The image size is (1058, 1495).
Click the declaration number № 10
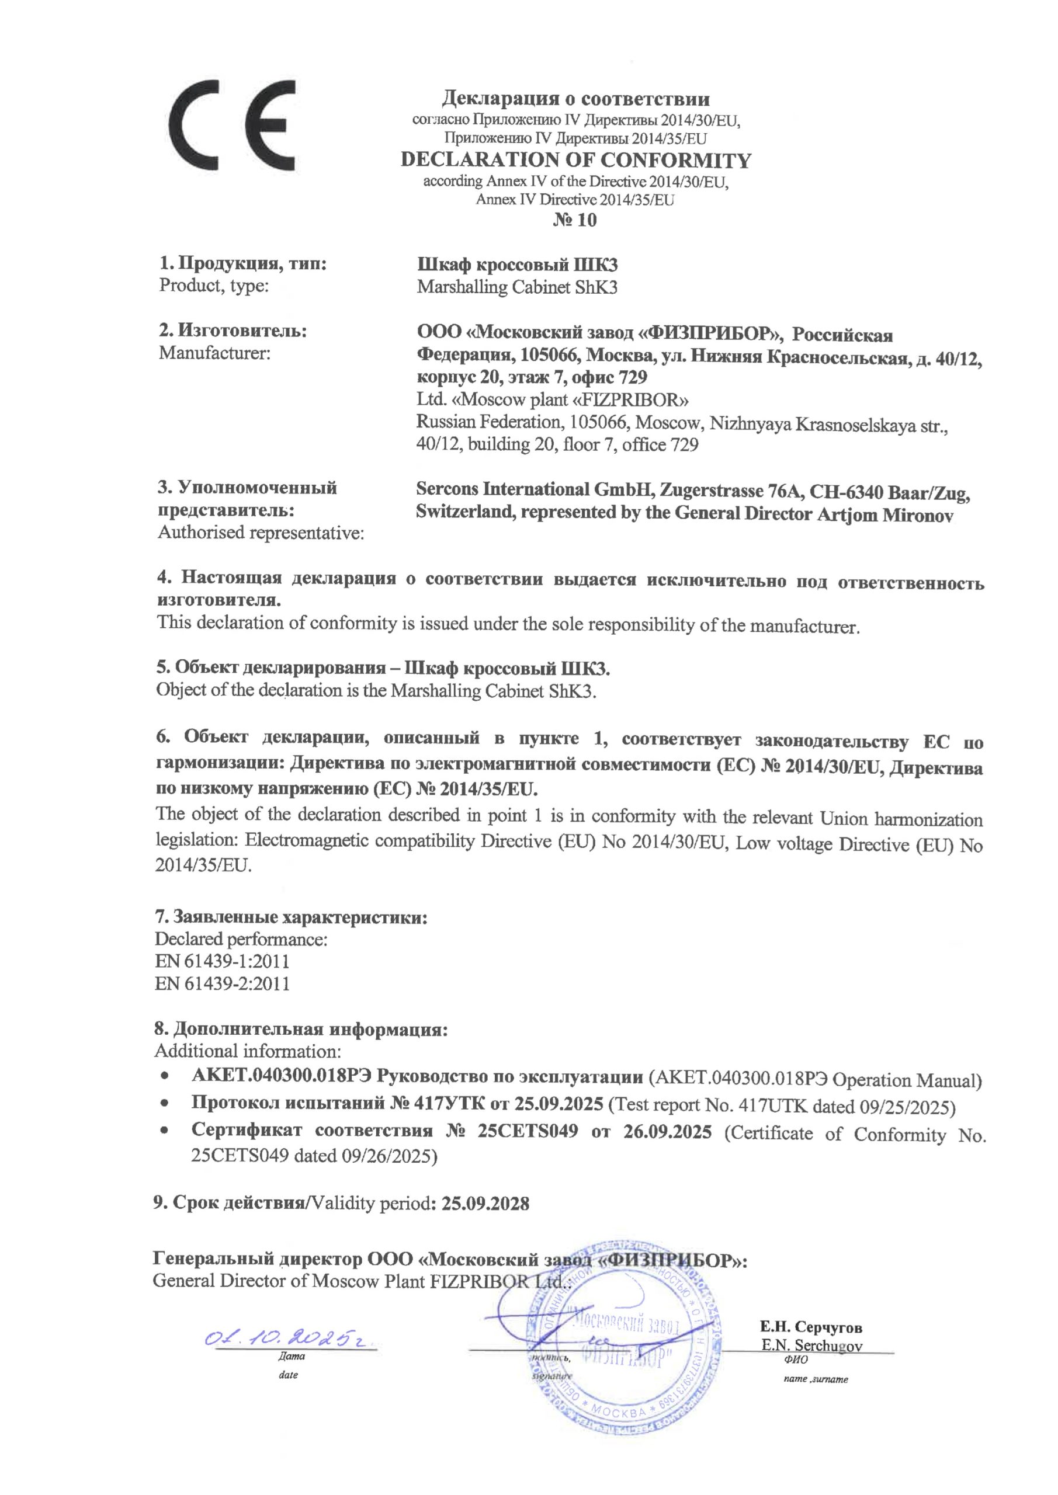pos(575,220)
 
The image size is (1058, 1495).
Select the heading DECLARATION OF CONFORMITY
pos(575,160)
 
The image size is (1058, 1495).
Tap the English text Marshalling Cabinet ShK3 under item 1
pos(516,287)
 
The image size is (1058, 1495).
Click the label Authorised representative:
pos(261,533)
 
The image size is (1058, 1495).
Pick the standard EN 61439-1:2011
pos(222,961)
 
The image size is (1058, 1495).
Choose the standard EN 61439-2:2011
pos(222,983)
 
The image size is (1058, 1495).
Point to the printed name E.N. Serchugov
pos(811,1345)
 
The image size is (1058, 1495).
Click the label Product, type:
pos(214,287)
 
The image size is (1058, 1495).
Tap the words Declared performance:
pos(241,940)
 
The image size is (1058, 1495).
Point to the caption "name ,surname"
pos(816,1379)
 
